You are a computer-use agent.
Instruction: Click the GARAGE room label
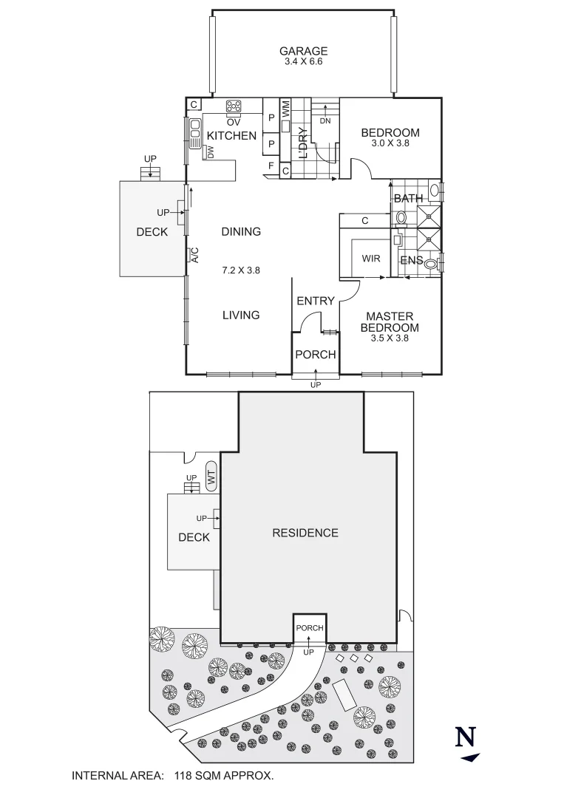click(303, 51)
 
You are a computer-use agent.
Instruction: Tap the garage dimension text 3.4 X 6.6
click(303, 61)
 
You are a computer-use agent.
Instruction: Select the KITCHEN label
click(231, 136)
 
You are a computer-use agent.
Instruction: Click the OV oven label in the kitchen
click(234, 121)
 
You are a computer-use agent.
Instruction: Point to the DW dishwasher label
click(211, 152)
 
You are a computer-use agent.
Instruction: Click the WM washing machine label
click(285, 109)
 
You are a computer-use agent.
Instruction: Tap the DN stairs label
click(325, 120)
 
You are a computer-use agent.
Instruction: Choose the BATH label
click(408, 198)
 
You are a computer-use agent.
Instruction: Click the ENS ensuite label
click(411, 260)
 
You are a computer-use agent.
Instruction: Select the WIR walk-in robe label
click(371, 259)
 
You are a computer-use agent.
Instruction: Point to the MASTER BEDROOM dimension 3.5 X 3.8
click(390, 338)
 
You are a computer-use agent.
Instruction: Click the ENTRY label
click(316, 301)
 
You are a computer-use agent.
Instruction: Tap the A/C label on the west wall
click(195, 255)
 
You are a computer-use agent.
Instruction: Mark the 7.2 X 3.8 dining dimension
click(241, 270)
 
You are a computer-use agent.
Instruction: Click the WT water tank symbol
click(211, 479)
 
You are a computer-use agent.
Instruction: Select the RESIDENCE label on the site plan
click(305, 533)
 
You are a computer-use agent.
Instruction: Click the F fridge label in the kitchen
click(271, 167)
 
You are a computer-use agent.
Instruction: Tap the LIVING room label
click(241, 315)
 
